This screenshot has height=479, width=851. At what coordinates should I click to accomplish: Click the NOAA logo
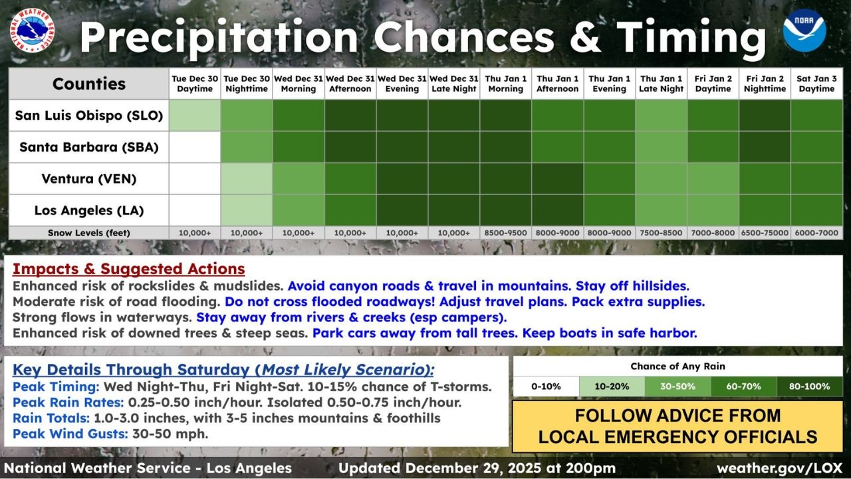click(804, 31)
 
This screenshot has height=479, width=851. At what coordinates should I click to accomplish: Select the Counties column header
click(88, 84)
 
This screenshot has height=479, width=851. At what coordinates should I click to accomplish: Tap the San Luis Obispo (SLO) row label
click(88, 115)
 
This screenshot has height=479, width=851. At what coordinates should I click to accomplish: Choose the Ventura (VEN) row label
click(88, 179)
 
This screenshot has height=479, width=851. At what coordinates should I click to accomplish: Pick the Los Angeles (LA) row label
click(88, 211)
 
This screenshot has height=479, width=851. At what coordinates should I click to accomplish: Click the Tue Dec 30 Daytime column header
click(195, 84)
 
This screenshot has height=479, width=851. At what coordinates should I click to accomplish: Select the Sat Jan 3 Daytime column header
click(816, 84)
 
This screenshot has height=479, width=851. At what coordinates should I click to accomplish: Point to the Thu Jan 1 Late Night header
click(661, 84)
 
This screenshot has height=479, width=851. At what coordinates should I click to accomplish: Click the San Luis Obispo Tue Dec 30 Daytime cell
click(195, 115)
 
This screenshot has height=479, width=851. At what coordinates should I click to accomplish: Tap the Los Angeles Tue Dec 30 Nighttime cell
click(247, 211)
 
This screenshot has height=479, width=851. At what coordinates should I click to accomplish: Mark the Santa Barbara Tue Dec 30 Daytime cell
click(195, 147)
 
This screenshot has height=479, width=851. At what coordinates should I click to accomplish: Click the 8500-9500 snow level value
click(505, 233)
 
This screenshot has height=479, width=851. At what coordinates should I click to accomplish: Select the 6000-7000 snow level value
click(816, 233)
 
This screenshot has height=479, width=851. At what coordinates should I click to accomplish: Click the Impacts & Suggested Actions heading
click(128, 269)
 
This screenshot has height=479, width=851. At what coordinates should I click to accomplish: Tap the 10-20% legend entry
click(611, 387)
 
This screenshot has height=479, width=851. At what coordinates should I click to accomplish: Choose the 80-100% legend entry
click(808, 387)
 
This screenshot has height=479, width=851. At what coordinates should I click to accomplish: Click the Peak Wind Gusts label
click(69, 434)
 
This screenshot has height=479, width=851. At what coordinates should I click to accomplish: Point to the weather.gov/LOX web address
click(779, 468)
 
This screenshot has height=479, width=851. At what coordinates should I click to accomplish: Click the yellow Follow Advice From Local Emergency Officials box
click(677, 426)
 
